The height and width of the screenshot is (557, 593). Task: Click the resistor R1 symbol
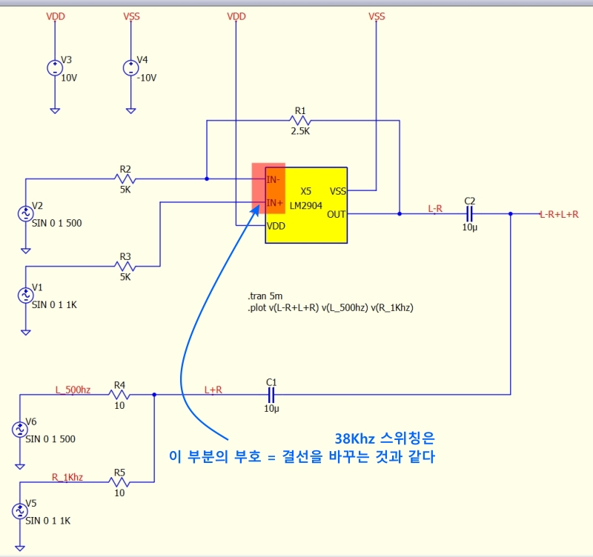pos(300,120)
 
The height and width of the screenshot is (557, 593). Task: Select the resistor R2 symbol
pos(125,179)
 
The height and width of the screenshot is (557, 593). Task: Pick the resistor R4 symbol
pos(119,395)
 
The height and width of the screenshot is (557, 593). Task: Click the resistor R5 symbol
pos(119,482)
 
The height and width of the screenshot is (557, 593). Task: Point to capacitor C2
pos(469,213)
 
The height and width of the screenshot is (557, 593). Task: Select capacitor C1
pos(271,395)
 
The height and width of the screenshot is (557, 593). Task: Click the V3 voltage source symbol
pos(55,68)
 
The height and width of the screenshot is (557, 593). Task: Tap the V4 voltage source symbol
pos(130,68)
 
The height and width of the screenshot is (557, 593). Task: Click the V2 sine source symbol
pos(25,214)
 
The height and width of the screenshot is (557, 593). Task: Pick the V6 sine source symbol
pos(19,430)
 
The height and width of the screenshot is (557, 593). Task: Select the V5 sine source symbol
pos(19,511)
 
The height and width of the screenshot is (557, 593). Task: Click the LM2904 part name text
pos(306,204)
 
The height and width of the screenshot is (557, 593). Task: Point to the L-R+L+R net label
pos(559,213)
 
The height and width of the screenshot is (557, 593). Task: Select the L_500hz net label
pos(73,389)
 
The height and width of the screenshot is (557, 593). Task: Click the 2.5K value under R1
pos(300,131)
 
